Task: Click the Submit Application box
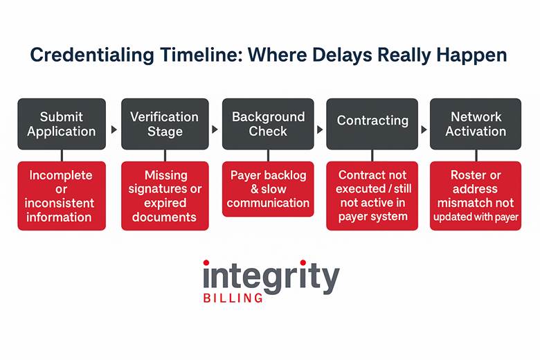62,124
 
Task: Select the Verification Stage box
165,124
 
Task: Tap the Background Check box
268,124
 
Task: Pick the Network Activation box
475,124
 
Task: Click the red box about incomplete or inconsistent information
62,196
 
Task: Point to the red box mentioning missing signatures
165,196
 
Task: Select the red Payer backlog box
268,189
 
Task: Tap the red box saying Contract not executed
372,196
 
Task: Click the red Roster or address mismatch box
475,196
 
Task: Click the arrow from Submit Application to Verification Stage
114,129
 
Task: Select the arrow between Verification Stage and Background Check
215,129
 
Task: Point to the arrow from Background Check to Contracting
319,129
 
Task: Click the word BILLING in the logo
233,298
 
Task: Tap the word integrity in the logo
271,277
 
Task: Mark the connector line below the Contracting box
372,156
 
